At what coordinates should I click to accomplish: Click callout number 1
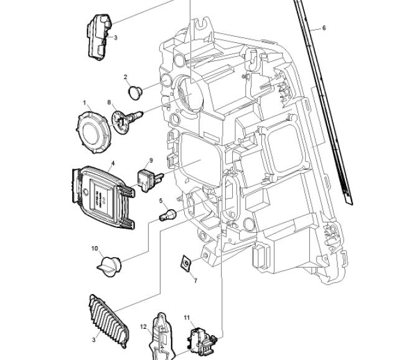click(x=85, y=102)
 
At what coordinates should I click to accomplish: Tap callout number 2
click(x=126, y=78)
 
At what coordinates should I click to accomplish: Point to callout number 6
click(x=324, y=28)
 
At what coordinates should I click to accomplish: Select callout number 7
click(x=195, y=281)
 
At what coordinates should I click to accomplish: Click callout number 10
click(x=95, y=249)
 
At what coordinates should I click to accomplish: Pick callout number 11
click(x=187, y=318)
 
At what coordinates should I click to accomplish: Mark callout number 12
click(x=143, y=326)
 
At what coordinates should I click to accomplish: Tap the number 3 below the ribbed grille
click(x=94, y=339)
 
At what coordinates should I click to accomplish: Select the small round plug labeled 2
click(x=135, y=93)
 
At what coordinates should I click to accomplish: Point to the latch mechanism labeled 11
click(x=200, y=340)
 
